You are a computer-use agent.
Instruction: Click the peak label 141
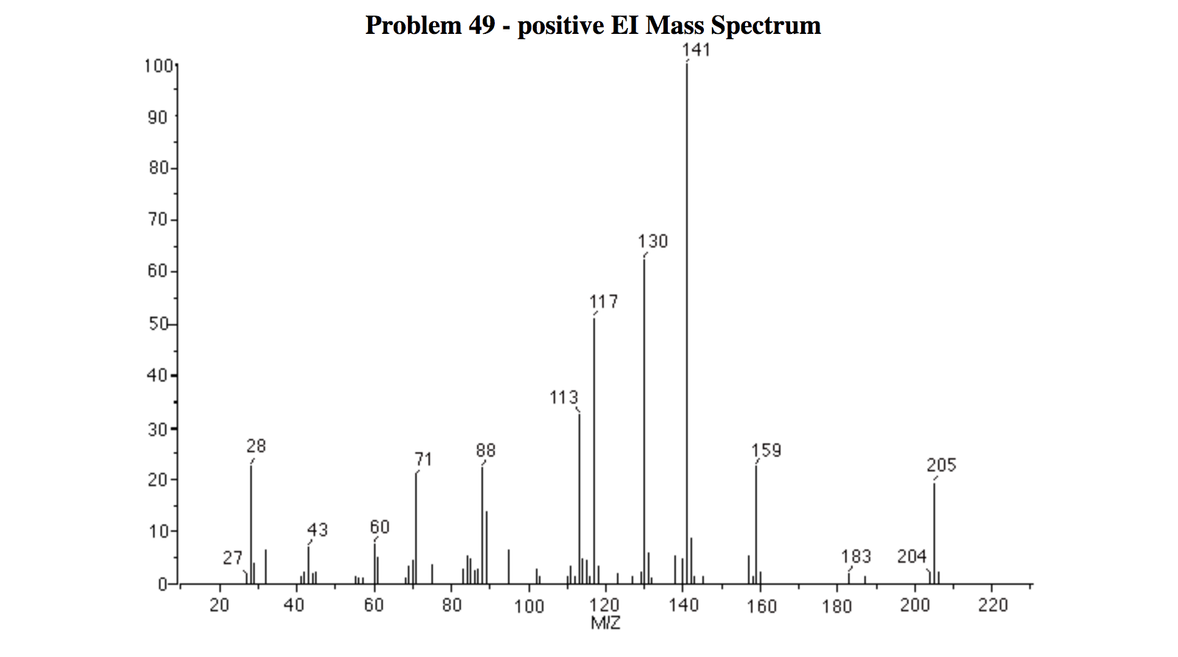(696, 49)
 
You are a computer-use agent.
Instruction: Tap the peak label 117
(604, 301)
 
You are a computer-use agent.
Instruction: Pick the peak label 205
(941, 465)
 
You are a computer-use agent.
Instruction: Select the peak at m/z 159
(756, 523)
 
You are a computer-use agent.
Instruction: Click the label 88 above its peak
(485, 450)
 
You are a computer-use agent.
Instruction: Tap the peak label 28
(255, 446)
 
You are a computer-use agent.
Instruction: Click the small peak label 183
(856, 556)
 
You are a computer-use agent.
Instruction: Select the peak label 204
(911, 556)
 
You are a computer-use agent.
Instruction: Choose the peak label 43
(317, 530)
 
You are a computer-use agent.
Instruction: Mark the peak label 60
(379, 527)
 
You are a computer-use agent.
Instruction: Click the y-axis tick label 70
(158, 219)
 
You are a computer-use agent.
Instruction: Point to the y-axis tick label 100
(158, 66)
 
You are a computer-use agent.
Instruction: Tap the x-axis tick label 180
(837, 605)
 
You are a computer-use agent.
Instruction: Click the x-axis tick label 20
(219, 605)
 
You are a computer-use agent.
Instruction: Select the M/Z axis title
(605, 623)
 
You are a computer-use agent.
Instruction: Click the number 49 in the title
(482, 26)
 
